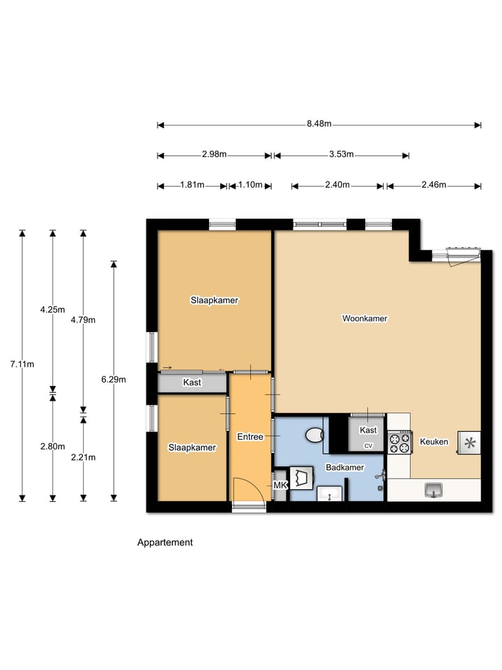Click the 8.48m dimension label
click(x=319, y=124)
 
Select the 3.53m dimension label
click(x=341, y=154)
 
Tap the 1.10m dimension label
click(x=250, y=184)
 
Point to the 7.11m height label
click(x=22, y=364)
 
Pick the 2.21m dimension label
click(x=83, y=457)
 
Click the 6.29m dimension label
click(x=114, y=380)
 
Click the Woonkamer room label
click(x=365, y=318)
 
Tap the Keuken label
click(x=434, y=442)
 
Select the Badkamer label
click(x=345, y=468)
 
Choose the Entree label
click(x=250, y=437)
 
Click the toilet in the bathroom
click(x=315, y=435)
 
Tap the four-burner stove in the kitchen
click(x=400, y=442)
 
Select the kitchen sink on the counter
click(x=434, y=490)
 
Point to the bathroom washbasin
click(x=330, y=493)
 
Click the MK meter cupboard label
click(x=280, y=486)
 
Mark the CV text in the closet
click(x=368, y=446)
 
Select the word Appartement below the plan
click(x=165, y=542)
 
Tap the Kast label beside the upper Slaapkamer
click(x=192, y=382)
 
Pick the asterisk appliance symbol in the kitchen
click(x=469, y=442)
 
